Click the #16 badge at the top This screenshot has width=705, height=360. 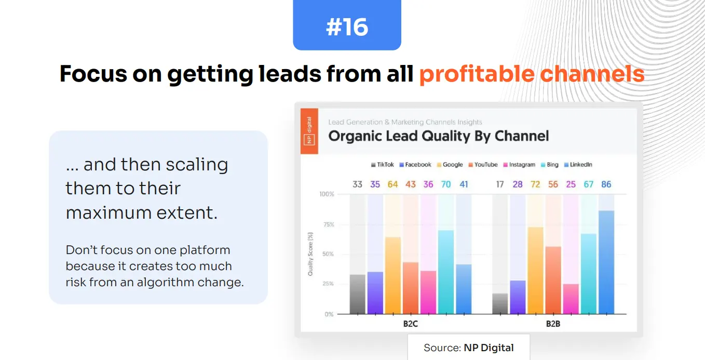point(347,26)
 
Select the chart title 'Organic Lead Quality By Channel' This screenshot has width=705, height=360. point(438,136)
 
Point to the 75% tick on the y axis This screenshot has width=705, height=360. point(327,224)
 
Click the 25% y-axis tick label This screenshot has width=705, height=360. point(327,284)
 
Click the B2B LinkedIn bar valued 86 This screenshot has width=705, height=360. point(606,262)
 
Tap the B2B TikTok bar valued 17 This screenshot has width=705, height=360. point(500,303)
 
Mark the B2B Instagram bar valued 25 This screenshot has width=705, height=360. point(571,299)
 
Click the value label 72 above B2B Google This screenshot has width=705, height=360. point(535,184)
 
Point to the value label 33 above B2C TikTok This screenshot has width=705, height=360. point(357,184)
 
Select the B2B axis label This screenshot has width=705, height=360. point(552,324)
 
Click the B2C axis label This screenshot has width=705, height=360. point(410,324)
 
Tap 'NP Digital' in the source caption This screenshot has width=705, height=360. point(489,348)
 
